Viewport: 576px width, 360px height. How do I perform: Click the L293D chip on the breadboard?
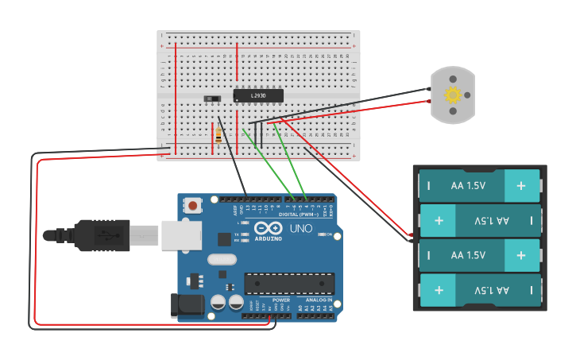[x=258, y=95]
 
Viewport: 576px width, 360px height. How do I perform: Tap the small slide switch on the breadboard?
[x=212, y=99]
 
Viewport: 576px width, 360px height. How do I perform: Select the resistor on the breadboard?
[x=218, y=137]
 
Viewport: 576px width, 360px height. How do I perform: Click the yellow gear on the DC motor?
[x=453, y=95]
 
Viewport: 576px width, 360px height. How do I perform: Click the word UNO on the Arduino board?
[x=303, y=229]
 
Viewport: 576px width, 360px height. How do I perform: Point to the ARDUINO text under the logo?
[x=269, y=238]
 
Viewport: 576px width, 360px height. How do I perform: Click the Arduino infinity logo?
[x=269, y=227]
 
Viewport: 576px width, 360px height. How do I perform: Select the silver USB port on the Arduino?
[x=181, y=235]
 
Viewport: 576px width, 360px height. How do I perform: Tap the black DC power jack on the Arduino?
[x=184, y=305]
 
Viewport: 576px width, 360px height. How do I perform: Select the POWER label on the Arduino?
[x=280, y=300]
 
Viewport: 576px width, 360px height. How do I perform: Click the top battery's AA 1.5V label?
[x=468, y=185]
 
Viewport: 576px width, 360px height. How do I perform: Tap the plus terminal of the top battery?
[x=521, y=185]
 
